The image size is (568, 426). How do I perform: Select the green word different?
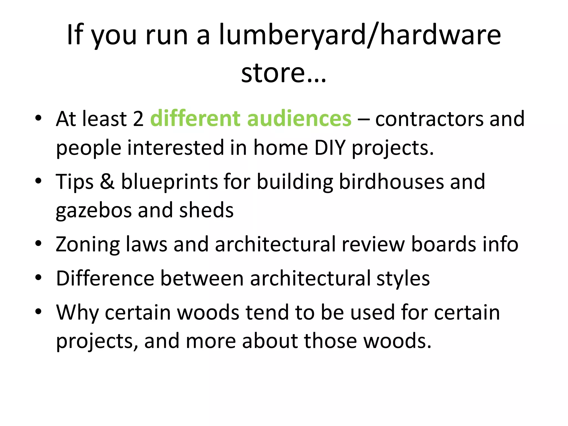pyautogui.click(x=195, y=119)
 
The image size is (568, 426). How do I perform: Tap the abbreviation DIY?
pyautogui.click(x=330, y=148)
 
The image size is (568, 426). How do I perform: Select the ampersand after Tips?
pyautogui.click(x=107, y=182)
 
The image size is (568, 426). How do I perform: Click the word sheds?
pyautogui.click(x=206, y=210)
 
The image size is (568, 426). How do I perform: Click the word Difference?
pyautogui.click(x=105, y=278)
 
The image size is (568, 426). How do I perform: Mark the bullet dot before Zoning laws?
pyautogui.click(x=38, y=244)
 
